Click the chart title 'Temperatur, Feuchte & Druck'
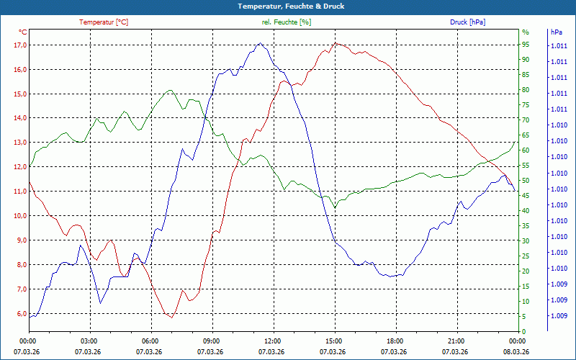tap(288, 6)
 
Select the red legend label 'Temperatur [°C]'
tap(104, 22)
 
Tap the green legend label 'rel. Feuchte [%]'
tap(287, 22)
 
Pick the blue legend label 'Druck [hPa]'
tap(467, 22)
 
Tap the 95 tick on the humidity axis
tap(526, 45)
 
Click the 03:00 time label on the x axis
tap(89, 341)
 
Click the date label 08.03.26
tap(516, 351)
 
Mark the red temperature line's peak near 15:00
tap(335, 43)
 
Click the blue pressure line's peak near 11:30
tap(260, 43)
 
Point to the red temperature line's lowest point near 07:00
tap(171, 318)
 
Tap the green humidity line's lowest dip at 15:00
tap(335, 208)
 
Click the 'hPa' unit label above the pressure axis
tap(556, 32)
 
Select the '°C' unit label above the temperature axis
tap(22, 32)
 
